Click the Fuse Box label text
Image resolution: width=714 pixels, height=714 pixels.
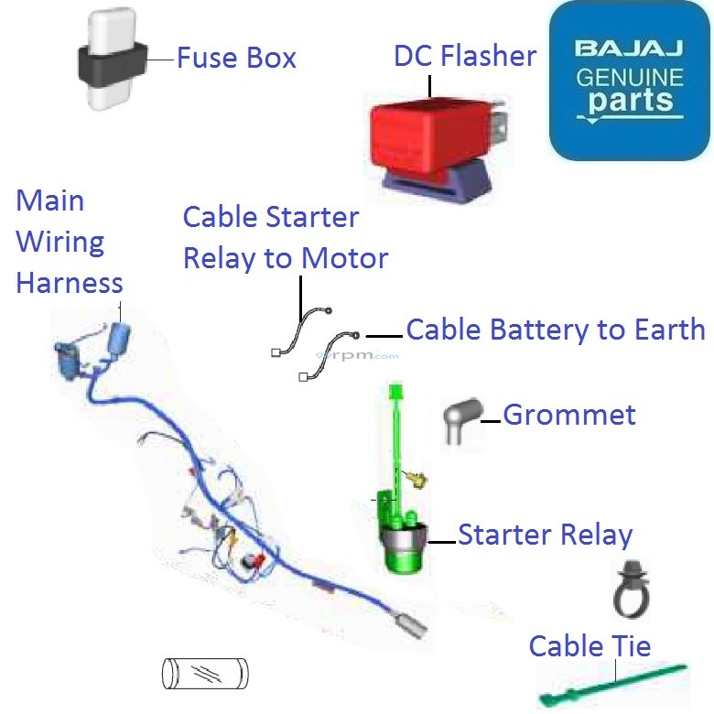click(x=236, y=59)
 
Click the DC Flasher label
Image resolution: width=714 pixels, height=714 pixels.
click(x=465, y=56)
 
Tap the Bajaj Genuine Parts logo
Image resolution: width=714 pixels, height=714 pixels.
click(x=630, y=81)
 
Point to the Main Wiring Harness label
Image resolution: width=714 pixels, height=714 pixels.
click(x=68, y=242)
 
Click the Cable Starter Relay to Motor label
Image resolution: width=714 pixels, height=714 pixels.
click(x=285, y=238)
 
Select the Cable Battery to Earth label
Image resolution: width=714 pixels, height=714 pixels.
click(x=556, y=330)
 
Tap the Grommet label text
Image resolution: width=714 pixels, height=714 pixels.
click(x=569, y=415)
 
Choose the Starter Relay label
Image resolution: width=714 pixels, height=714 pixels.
click(x=546, y=535)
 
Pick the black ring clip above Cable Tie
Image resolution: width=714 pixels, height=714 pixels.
click(x=631, y=590)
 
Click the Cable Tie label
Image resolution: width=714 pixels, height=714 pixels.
click(x=590, y=646)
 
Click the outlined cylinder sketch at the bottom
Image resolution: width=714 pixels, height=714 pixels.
click(x=205, y=674)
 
